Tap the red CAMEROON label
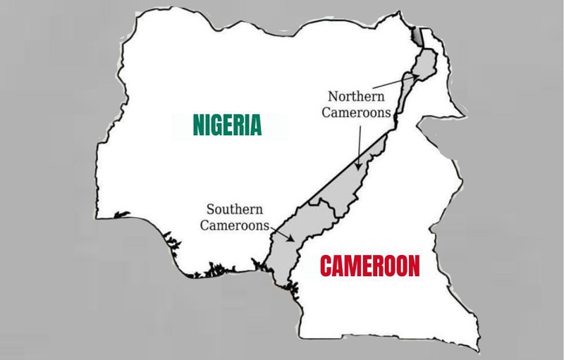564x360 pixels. click(x=370, y=267)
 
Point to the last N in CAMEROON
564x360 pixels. click(x=413, y=267)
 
